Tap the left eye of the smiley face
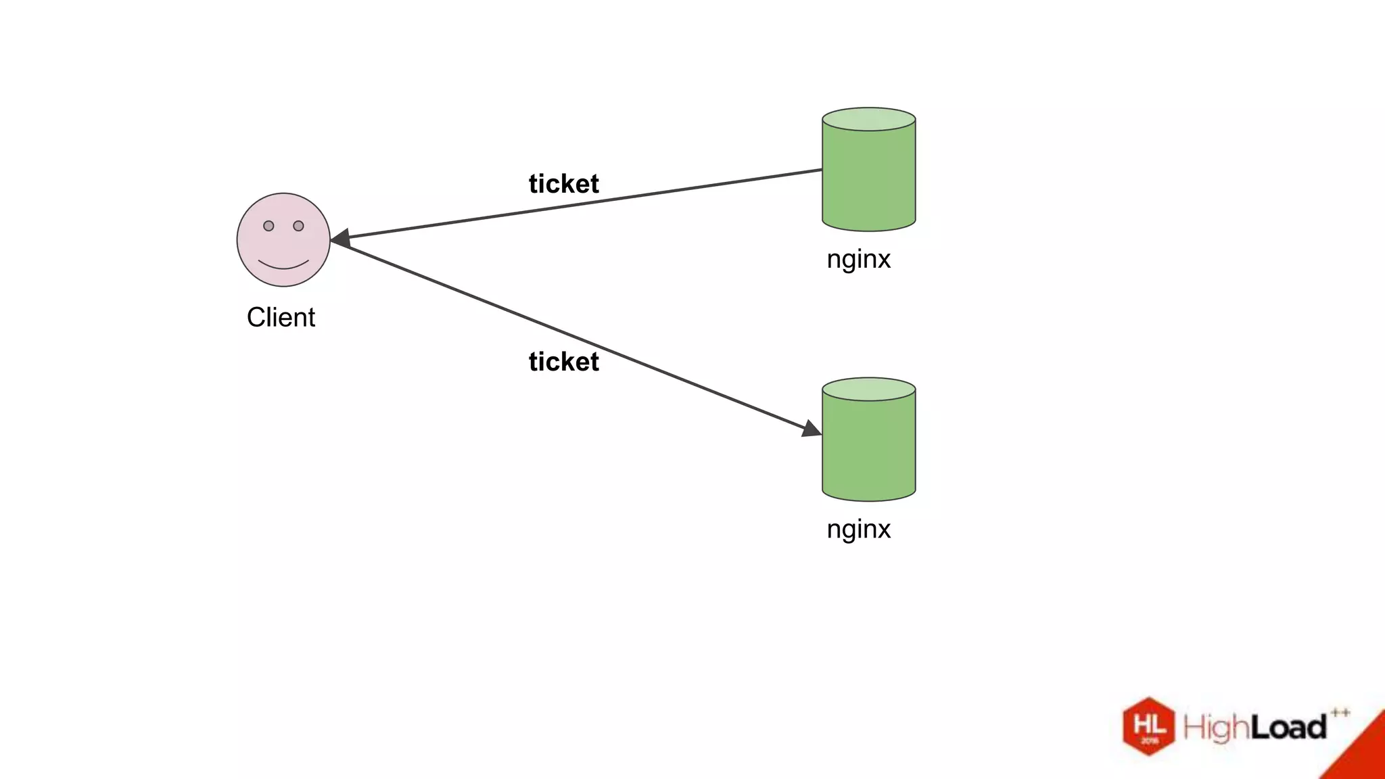click(268, 226)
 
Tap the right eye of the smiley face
click(298, 226)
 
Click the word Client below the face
click(281, 317)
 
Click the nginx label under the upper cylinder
click(858, 259)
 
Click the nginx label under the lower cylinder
click(858, 529)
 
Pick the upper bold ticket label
click(563, 184)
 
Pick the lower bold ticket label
click(563, 362)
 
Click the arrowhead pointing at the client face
click(340, 238)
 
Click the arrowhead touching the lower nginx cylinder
click(811, 429)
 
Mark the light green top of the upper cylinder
click(868, 119)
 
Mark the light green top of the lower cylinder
click(868, 389)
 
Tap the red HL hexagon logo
click(1148, 726)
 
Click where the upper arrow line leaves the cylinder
click(821, 170)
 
